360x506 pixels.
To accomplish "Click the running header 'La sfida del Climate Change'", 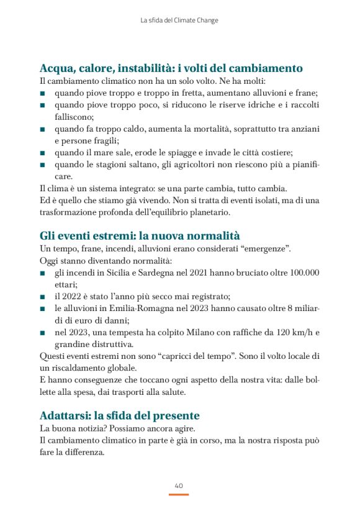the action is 179,20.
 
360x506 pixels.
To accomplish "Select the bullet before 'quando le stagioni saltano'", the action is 42,165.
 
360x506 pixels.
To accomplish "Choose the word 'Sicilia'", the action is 116,273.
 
